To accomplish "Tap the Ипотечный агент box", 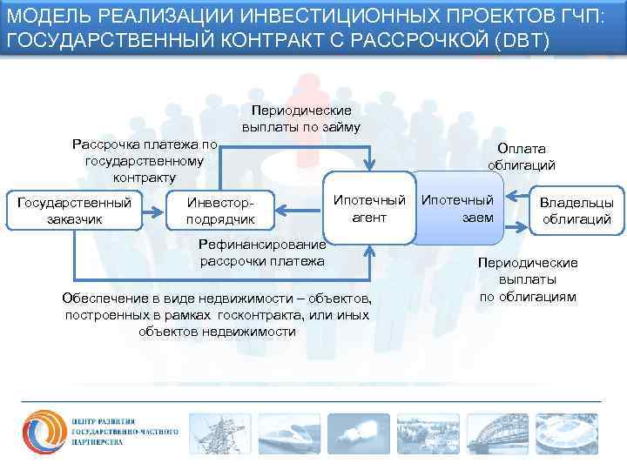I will click(369, 208).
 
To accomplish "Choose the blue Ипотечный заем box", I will click(458, 208).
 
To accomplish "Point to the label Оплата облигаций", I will click(521, 157).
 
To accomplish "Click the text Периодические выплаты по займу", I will click(301, 119).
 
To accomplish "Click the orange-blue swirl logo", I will click(43, 426).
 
